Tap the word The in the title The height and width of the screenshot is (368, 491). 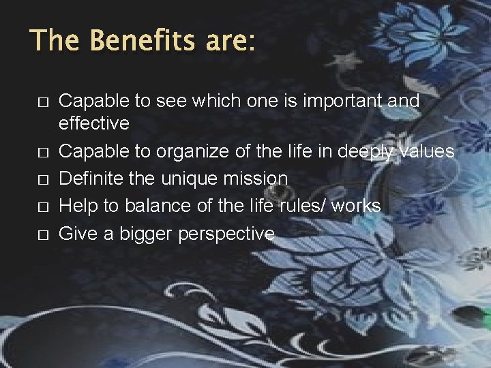56,40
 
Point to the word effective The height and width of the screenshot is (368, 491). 94,123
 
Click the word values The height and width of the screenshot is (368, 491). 426,151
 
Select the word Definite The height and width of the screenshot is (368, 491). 95,179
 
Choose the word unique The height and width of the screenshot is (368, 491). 195,179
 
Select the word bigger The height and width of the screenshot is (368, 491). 146,234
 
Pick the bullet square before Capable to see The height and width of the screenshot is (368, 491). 42,102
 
